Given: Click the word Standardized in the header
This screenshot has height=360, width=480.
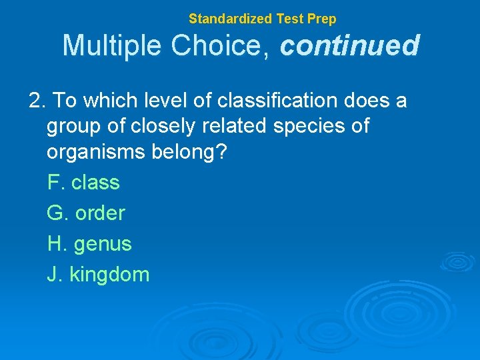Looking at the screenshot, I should click(230, 19).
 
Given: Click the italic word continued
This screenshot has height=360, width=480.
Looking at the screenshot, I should click(350, 46).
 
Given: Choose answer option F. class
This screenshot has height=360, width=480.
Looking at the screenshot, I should click(83, 182).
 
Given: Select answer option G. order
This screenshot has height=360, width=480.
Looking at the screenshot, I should click(86, 213).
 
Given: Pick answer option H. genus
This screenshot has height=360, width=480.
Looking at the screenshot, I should click(89, 244).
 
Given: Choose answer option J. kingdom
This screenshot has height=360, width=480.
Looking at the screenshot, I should click(98, 275).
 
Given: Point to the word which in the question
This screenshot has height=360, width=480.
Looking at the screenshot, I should click(102, 101).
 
